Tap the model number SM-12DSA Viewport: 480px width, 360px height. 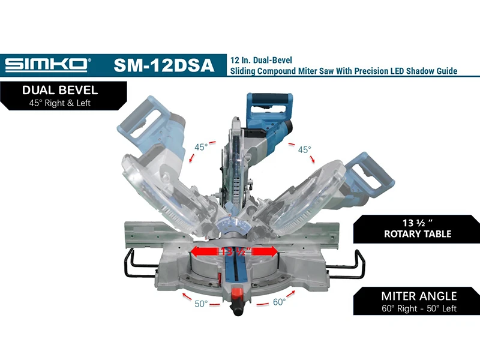click(x=164, y=65)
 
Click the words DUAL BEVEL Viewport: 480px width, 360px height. click(x=60, y=91)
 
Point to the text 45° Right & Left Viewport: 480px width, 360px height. click(x=59, y=103)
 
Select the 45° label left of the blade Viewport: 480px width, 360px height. click(x=201, y=147)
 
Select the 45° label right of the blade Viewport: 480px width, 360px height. click(x=305, y=149)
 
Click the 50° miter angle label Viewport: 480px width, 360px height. click(x=201, y=304)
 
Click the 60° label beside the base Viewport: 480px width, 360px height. click(x=279, y=302)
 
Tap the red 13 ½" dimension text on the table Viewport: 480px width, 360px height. click(x=235, y=251)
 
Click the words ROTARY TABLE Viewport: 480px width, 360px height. click(x=418, y=234)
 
